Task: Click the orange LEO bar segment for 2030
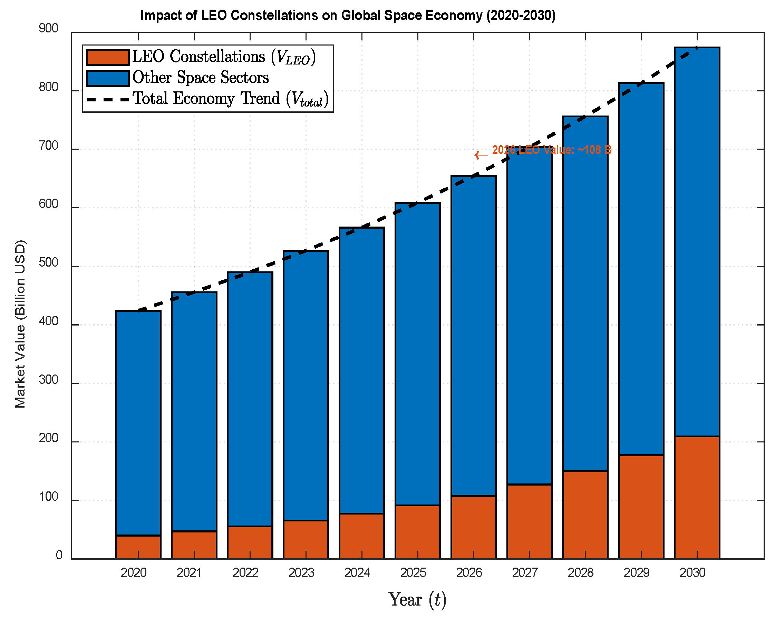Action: pyautogui.click(x=697, y=497)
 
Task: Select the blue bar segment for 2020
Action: pyautogui.click(x=138, y=423)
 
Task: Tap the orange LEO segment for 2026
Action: pyautogui.click(x=473, y=527)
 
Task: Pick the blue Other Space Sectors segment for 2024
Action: pyautogui.click(x=362, y=371)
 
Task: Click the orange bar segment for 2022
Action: pyautogui.click(x=250, y=542)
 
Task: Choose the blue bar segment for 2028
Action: pyautogui.click(x=585, y=294)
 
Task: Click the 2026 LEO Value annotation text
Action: pyautogui.click(x=551, y=150)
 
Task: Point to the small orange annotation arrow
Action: pyautogui.click(x=481, y=155)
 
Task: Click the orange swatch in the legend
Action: pyautogui.click(x=107, y=58)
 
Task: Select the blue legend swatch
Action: pyautogui.click(x=107, y=78)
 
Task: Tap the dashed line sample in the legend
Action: pyautogui.click(x=107, y=99)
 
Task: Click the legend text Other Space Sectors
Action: pyautogui.click(x=201, y=78)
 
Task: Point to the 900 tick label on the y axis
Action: pyautogui.click(x=49, y=28)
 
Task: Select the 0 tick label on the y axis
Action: pyautogui.click(x=59, y=555)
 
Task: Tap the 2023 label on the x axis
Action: pyautogui.click(x=301, y=572)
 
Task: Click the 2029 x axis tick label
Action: pyautogui.click(x=637, y=572)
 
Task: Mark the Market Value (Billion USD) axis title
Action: pyautogui.click(x=20, y=324)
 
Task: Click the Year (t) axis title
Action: pyautogui.click(x=418, y=600)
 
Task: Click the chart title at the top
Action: pyautogui.click(x=348, y=16)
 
